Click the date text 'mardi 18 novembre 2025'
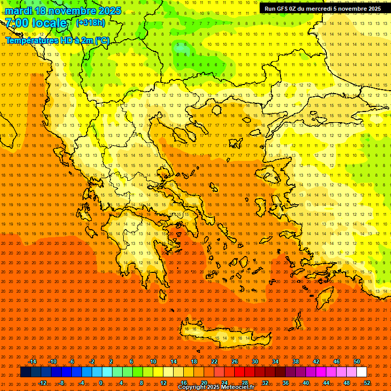click(63, 11)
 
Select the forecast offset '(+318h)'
click(91, 23)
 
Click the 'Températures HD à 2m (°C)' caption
click(57, 40)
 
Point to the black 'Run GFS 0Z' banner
click(323, 9)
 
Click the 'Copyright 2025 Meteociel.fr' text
click(216, 387)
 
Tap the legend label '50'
click(357, 361)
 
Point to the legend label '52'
click(368, 383)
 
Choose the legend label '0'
click(101, 383)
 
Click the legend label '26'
click(235, 361)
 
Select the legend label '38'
click(296, 361)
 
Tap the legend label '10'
click(153, 361)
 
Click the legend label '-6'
click(72, 361)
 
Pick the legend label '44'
click(326, 383)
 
